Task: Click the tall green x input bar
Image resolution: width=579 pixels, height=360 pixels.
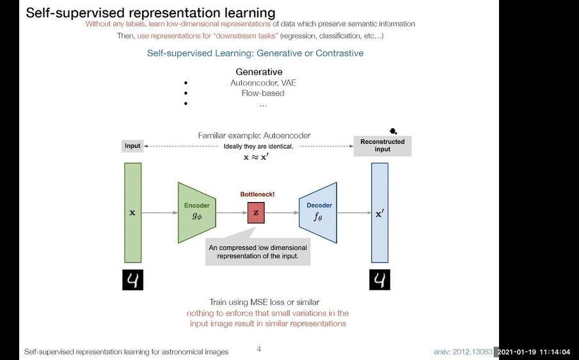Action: pos(132,212)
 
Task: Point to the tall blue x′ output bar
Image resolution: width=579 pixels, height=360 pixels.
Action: pos(379,212)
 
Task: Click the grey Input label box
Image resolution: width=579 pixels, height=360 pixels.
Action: pos(132,146)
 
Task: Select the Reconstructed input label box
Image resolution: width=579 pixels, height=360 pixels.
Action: pos(383,146)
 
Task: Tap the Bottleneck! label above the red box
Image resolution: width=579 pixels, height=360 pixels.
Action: pos(257,194)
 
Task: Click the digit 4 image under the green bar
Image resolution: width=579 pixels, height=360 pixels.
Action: pos(132,280)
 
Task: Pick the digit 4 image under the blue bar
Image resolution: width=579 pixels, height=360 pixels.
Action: pos(379,280)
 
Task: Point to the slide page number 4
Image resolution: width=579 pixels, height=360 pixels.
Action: pos(258,349)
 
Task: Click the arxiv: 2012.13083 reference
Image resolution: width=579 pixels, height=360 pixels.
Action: pos(463,352)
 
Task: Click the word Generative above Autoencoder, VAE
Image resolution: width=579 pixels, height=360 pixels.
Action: pos(258,72)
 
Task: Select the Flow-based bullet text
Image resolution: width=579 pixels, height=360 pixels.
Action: pos(263,93)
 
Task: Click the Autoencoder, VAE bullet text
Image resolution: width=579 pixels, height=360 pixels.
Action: pos(263,82)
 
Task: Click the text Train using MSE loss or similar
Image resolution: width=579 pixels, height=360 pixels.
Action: pos(264,302)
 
